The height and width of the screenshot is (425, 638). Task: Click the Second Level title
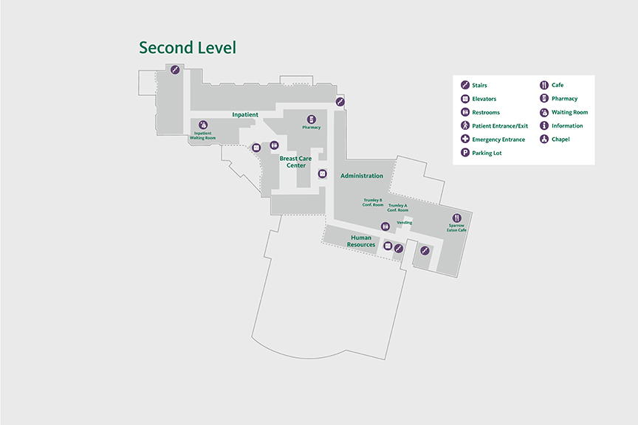tap(188, 48)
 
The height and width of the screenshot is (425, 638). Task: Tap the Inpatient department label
tap(245, 114)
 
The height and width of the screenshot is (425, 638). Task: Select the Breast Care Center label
tap(296, 162)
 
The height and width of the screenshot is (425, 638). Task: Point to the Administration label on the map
tap(362, 176)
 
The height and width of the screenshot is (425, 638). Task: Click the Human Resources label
tap(361, 241)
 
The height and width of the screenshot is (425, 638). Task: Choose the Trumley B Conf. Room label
tap(373, 202)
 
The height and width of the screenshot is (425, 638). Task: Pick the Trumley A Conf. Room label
tap(398, 208)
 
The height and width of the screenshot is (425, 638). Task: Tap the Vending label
tap(405, 222)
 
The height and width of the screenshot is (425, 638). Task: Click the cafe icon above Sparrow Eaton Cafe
tap(457, 218)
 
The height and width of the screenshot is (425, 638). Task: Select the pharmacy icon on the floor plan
tap(312, 119)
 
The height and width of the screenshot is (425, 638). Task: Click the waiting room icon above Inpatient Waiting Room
tap(203, 125)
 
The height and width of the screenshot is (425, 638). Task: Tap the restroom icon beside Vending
tap(385, 227)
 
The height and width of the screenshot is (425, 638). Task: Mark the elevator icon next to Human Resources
tap(387, 246)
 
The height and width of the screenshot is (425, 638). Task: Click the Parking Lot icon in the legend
tap(465, 153)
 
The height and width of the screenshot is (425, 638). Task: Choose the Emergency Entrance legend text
tap(498, 139)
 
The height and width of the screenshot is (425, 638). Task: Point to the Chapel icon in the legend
tap(544, 139)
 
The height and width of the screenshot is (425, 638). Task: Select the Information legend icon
tap(544, 125)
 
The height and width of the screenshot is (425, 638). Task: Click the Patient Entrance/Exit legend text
tap(500, 126)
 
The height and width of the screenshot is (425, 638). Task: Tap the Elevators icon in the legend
tap(465, 99)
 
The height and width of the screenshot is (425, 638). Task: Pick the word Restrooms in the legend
tap(486, 113)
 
